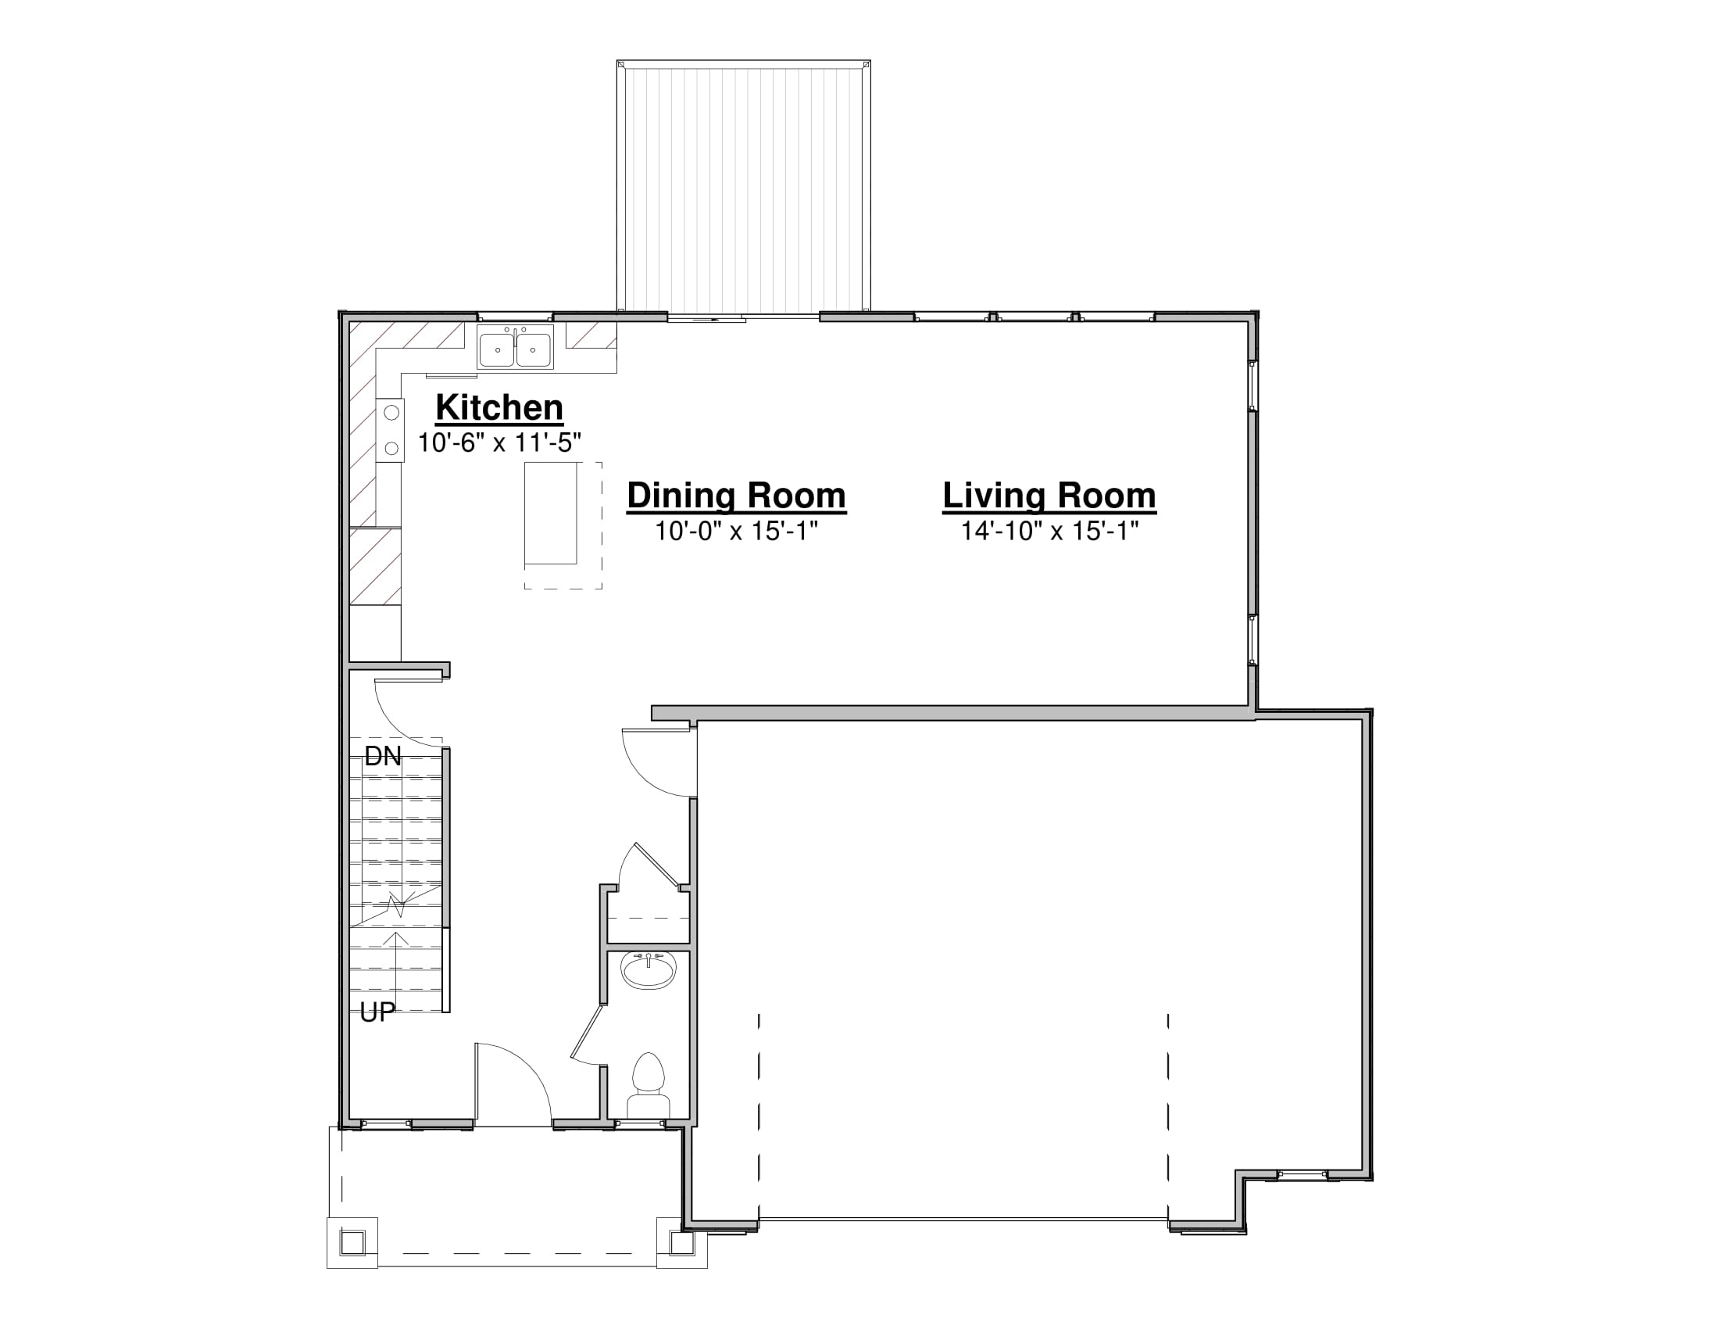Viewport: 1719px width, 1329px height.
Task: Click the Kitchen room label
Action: (x=499, y=408)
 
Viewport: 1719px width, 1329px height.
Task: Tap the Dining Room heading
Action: (x=736, y=495)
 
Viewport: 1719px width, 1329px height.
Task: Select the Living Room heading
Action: (x=1049, y=495)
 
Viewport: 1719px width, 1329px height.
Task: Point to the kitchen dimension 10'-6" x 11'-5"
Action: (x=499, y=443)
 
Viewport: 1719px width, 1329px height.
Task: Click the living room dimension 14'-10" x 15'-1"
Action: (x=1049, y=531)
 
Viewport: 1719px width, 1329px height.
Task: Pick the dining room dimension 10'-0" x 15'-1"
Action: (x=736, y=531)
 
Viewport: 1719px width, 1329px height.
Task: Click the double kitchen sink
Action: (x=515, y=347)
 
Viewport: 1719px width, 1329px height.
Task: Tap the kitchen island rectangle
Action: (x=551, y=514)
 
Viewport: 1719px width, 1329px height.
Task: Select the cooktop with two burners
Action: (x=391, y=430)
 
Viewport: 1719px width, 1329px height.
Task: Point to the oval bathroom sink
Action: (x=649, y=972)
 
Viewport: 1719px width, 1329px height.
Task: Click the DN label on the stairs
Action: (x=383, y=757)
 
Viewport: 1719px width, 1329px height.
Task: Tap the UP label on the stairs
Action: (x=377, y=1012)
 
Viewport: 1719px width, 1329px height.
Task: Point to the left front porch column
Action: (x=352, y=1243)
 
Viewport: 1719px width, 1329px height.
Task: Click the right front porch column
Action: (x=681, y=1243)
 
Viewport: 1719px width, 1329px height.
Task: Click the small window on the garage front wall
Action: (x=1302, y=1176)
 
